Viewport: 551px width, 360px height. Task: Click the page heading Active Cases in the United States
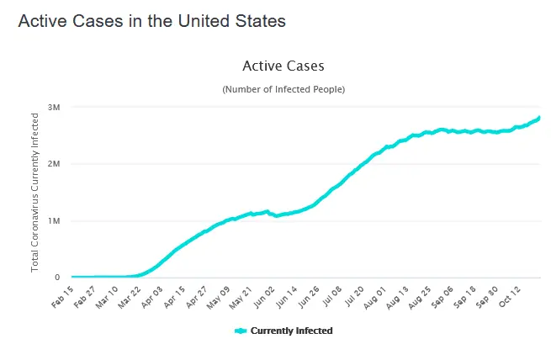click(x=152, y=22)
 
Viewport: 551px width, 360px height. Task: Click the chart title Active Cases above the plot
click(x=283, y=66)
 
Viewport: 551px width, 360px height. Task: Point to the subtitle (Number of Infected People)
click(x=283, y=89)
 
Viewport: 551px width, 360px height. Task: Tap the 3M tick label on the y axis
click(x=53, y=107)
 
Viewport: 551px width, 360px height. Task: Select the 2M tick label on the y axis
click(x=53, y=164)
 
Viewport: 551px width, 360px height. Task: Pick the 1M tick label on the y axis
click(x=53, y=220)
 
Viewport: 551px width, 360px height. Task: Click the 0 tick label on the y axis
click(x=57, y=277)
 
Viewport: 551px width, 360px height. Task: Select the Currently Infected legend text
click(x=292, y=331)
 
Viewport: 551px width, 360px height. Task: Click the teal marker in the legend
click(x=241, y=331)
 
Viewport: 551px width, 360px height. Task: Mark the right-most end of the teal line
click(x=539, y=118)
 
